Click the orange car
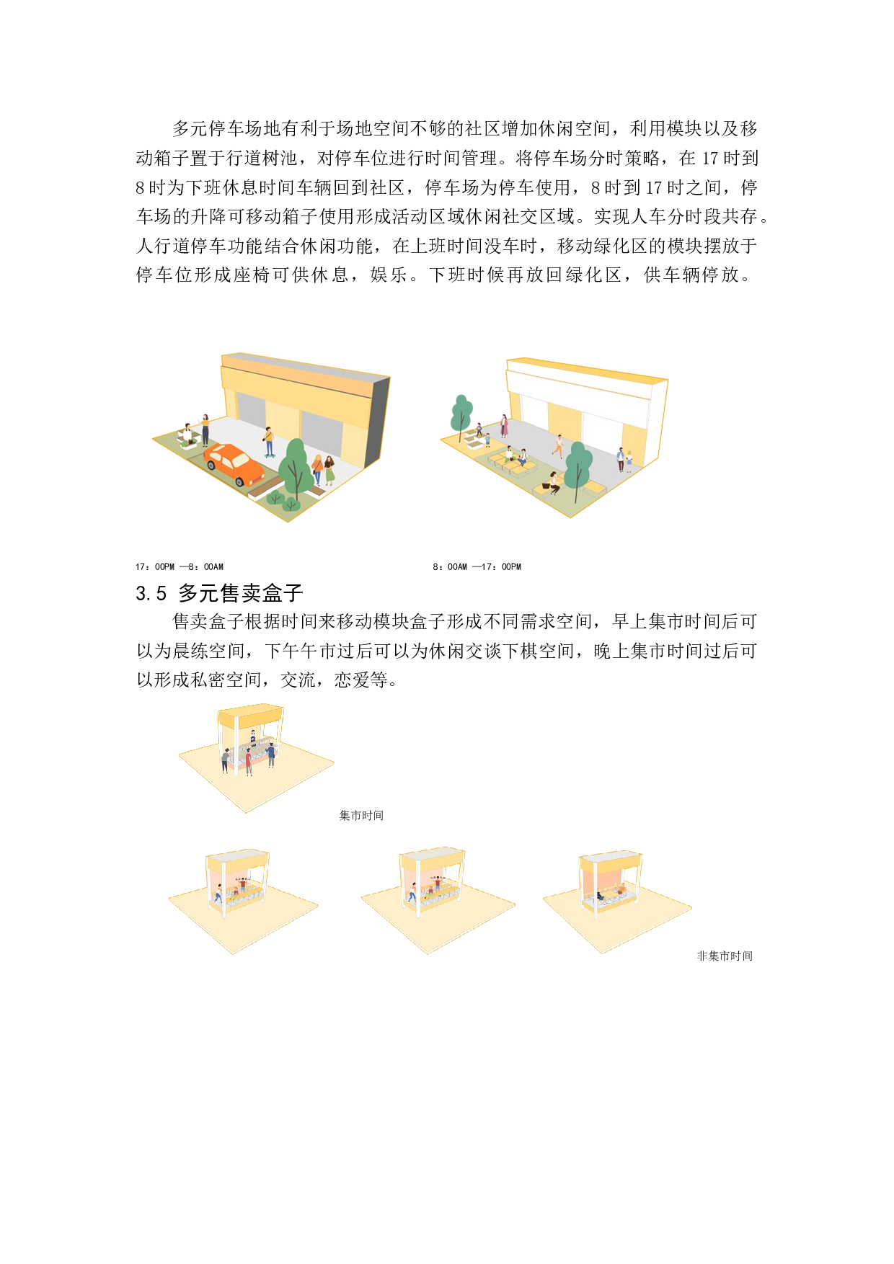234,463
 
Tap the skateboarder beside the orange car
269,442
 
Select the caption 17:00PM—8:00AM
180,567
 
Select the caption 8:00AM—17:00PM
477,567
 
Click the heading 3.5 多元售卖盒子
219,593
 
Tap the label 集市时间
361,815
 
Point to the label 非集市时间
725,956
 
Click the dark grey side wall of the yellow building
378,421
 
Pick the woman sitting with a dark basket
553,482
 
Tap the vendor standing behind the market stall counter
253,736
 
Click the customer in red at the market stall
249,761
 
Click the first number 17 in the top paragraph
711,159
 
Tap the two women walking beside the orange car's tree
323,470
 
